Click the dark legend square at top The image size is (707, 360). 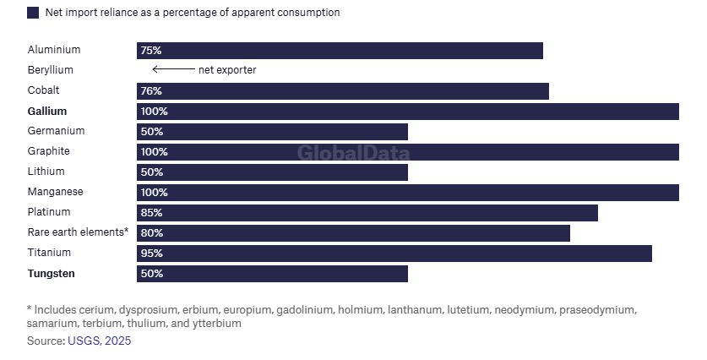coord(33,13)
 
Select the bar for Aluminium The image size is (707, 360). coord(340,51)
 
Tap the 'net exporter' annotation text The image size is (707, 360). coord(227,70)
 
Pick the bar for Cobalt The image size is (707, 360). coord(343,91)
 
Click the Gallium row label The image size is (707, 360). coord(46,111)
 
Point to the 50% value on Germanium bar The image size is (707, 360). coord(153,132)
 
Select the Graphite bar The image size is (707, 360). coord(408,152)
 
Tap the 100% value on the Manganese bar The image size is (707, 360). coord(155,193)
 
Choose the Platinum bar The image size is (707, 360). coord(367,213)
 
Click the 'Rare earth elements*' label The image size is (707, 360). coord(78,232)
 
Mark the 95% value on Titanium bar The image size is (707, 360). coord(153,254)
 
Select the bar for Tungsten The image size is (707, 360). coord(272,274)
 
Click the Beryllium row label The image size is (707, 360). coord(50,70)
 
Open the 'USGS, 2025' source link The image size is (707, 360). coord(100,341)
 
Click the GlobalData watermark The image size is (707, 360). coord(353,153)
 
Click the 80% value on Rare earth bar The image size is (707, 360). coord(153,233)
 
